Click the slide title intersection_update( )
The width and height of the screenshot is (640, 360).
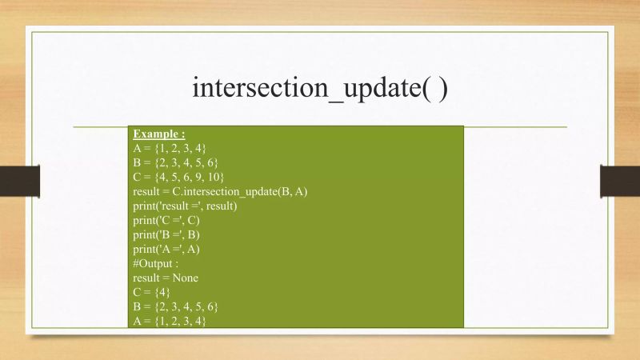pos(319,87)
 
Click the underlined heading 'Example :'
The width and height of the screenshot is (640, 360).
pos(158,134)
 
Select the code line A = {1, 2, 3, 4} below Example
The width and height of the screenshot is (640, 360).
pos(170,148)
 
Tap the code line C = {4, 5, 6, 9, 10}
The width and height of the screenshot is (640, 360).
pos(179,177)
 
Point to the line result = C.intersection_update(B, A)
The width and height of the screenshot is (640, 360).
pos(220,191)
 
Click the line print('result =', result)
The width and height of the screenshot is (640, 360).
pos(196,206)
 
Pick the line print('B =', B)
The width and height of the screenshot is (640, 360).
pos(166,234)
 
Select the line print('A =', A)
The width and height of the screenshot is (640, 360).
pos(166,249)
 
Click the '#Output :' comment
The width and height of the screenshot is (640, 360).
pos(156,263)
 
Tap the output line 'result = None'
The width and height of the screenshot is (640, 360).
pos(166,278)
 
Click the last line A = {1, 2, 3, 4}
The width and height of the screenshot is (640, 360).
pos(170,321)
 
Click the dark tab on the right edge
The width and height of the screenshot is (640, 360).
pos(620,180)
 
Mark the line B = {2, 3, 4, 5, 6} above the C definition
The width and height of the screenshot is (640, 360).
pos(176,162)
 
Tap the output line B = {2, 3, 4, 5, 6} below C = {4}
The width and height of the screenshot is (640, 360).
pos(176,306)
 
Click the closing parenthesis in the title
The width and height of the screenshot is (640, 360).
pos(442,87)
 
